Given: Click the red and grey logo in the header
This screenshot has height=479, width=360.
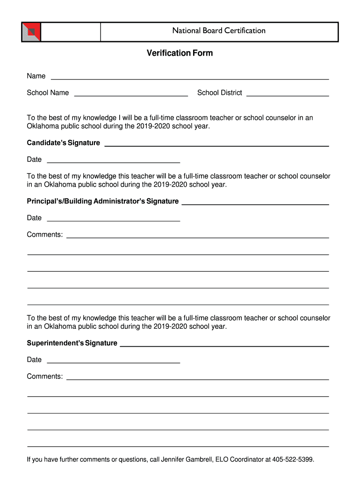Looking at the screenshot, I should coord(31,32).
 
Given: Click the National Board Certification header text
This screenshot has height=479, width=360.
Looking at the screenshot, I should coord(219,31).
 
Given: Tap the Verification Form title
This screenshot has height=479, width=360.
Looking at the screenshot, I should coord(180,53).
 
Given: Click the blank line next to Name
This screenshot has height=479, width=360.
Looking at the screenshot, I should coord(189,78).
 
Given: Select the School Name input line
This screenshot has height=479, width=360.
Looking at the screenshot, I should coord(131,95).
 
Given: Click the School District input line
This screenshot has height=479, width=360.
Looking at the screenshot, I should coord(288,95).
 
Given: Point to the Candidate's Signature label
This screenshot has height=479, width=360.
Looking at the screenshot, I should coord(63,143).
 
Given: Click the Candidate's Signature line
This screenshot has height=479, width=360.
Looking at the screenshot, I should coord(216,145).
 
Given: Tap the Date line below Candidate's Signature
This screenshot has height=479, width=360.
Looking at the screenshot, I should coord(114,162).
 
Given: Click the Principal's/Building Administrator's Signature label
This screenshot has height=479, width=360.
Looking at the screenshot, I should coord(102,201).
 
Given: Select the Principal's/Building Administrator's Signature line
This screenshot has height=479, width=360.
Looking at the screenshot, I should coord(255,203).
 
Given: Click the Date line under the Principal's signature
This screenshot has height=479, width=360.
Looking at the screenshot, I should coord(114,220).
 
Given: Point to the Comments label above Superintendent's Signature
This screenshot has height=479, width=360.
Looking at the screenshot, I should coord(44,234).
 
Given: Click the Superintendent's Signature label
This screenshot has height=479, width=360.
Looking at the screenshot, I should coord(72,343).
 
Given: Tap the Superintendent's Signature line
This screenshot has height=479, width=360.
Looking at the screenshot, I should coord(224,345).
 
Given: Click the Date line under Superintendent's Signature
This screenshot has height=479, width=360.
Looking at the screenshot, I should coord(114,362).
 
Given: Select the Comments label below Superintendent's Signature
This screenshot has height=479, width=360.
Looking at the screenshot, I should coord(44,376).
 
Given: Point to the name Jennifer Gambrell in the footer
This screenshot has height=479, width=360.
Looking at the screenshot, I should coord(186,460).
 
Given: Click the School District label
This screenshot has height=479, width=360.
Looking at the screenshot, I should coord(219,93).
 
